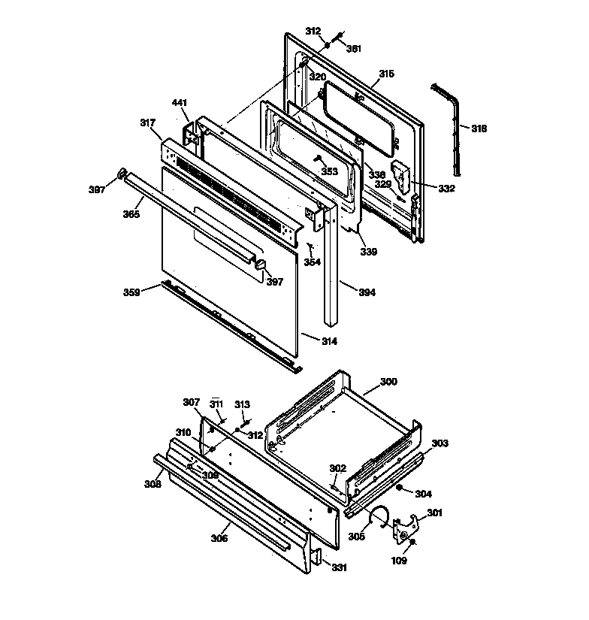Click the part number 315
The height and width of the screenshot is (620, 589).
[x=386, y=74]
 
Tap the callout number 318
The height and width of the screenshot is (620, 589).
[x=479, y=129]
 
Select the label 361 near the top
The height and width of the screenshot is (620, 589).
[x=354, y=49]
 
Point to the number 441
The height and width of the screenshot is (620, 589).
[x=180, y=102]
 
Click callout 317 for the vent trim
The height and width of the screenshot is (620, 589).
[x=147, y=122]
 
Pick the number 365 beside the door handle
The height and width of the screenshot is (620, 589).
[x=131, y=214]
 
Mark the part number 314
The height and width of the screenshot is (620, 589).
[x=329, y=340]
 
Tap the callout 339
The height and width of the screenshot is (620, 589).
[x=369, y=251]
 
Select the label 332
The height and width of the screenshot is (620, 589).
[x=447, y=188]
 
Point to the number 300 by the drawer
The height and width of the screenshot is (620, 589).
[x=388, y=382]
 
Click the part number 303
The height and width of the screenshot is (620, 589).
[x=439, y=443]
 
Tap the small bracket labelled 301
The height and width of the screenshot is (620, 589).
[x=406, y=525]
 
